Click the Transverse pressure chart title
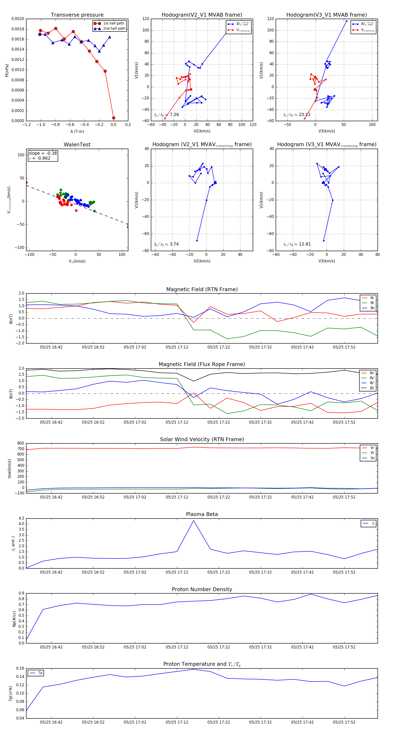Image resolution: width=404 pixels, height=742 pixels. [77, 15]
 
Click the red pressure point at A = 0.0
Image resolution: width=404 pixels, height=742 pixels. [114, 118]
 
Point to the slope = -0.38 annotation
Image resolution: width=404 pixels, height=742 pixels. [43, 153]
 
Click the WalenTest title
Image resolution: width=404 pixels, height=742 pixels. [77, 145]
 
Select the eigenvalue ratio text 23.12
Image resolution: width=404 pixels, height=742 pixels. [305, 115]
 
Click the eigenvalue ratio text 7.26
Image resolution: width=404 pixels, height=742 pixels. [174, 115]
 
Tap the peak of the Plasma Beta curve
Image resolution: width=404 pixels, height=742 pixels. [193, 521]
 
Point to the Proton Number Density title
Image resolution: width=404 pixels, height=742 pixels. [202, 589]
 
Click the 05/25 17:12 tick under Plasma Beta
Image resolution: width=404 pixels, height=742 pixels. [177, 572]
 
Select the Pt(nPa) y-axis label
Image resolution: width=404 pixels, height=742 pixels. [7, 70]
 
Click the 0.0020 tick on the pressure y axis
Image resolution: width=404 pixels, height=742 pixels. [18, 19]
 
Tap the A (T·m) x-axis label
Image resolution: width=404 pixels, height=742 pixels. [77, 131]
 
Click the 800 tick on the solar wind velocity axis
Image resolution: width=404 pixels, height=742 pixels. [21, 443]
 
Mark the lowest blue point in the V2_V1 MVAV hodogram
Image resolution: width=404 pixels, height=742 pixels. [197, 241]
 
